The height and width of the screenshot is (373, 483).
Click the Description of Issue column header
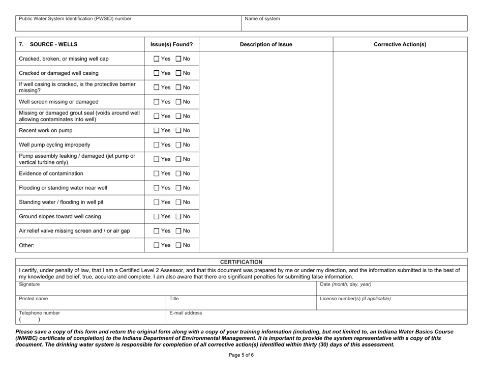266,44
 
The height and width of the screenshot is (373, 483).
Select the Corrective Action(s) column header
400,44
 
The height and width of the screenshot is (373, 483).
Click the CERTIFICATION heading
242,262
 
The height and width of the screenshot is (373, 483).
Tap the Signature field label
29,284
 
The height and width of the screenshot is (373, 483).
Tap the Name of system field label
262,19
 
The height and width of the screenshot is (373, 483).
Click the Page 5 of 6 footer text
241,355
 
